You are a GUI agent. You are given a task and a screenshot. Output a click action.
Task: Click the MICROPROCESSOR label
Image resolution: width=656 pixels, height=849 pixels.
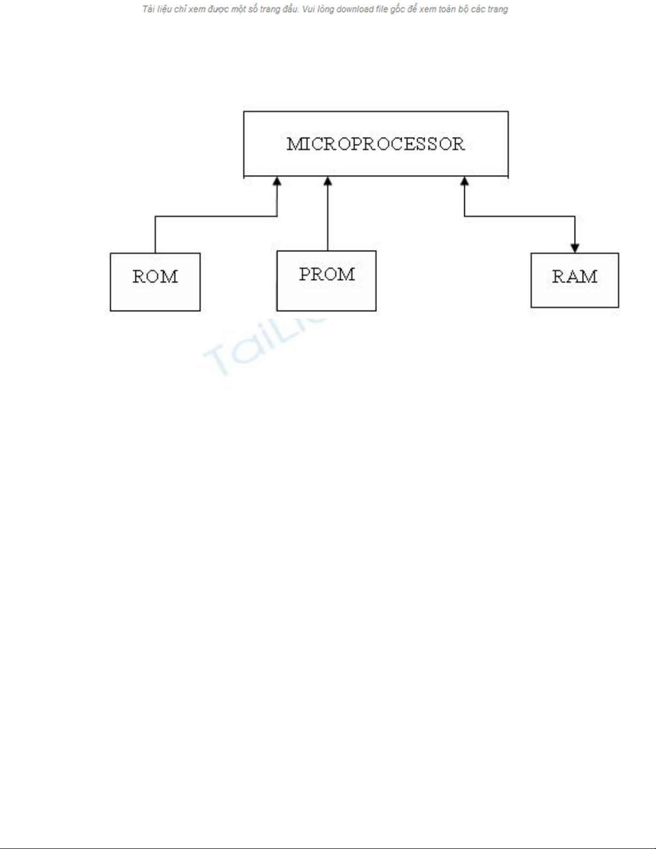pyautogui.click(x=375, y=144)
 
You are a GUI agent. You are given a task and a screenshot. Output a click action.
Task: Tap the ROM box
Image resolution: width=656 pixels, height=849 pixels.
pyautogui.click(x=155, y=282)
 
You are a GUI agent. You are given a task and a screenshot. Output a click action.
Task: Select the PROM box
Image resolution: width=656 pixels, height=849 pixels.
pyautogui.click(x=326, y=281)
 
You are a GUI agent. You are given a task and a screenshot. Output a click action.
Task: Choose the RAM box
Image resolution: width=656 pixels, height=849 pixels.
pyautogui.click(x=575, y=280)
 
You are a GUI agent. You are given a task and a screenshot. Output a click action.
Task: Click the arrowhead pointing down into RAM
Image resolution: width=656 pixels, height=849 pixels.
pyautogui.click(x=575, y=249)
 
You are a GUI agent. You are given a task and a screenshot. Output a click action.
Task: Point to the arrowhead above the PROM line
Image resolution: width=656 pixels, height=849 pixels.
pyautogui.click(x=328, y=182)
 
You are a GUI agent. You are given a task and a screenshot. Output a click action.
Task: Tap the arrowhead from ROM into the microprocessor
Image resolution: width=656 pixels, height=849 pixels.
pyautogui.click(x=277, y=182)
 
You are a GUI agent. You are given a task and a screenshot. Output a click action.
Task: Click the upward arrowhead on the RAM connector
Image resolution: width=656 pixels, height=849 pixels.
pyautogui.click(x=464, y=182)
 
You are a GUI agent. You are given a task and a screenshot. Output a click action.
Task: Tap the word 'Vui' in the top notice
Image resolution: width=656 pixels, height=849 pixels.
pyautogui.click(x=308, y=9)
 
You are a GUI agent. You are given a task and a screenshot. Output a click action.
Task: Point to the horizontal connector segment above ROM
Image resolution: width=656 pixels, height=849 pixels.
pyautogui.click(x=214, y=216)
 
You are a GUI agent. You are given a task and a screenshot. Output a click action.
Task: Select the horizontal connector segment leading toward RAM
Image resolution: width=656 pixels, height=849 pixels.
pyautogui.click(x=519, y=216)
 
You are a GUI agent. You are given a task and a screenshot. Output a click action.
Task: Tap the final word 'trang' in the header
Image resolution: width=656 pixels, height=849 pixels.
pyautogui.click(x=497, y=9)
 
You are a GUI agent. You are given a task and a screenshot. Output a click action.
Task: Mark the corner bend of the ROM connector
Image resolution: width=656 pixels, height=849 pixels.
pyautogui.click(x=155, y=216)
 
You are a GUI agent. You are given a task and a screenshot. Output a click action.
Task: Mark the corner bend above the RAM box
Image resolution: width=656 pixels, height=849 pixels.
pyautogui.click(x=575, y=216)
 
